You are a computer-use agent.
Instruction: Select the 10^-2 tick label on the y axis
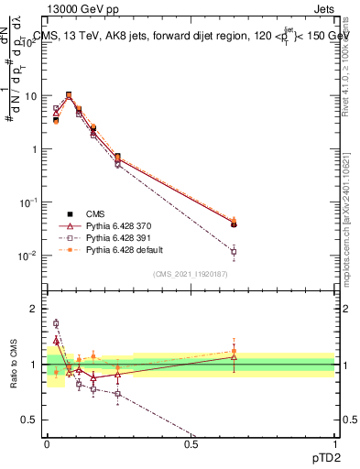tap(28, 256)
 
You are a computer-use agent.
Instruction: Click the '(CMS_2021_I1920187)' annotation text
tap(191, 274)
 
